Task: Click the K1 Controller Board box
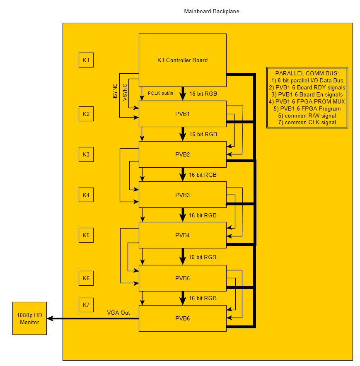pos(182,60)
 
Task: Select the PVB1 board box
pos(182,113)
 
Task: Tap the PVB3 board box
pos(182,195)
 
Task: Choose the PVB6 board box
pos(182,318)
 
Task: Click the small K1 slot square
pos(86,60)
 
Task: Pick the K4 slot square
pos(86,195)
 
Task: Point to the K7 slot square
pos(86,305)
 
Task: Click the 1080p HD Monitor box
pos(29,318)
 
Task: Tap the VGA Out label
pos(118,313)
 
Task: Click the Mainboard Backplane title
pos(211,12)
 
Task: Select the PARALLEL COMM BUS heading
pos(307,73)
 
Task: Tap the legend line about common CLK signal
pos(307,123)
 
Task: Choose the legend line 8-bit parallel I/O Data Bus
pos(307,80)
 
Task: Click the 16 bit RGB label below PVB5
pos(203,298)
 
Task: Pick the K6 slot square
pos(86,278)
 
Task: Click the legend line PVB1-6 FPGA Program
pos(307,108)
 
